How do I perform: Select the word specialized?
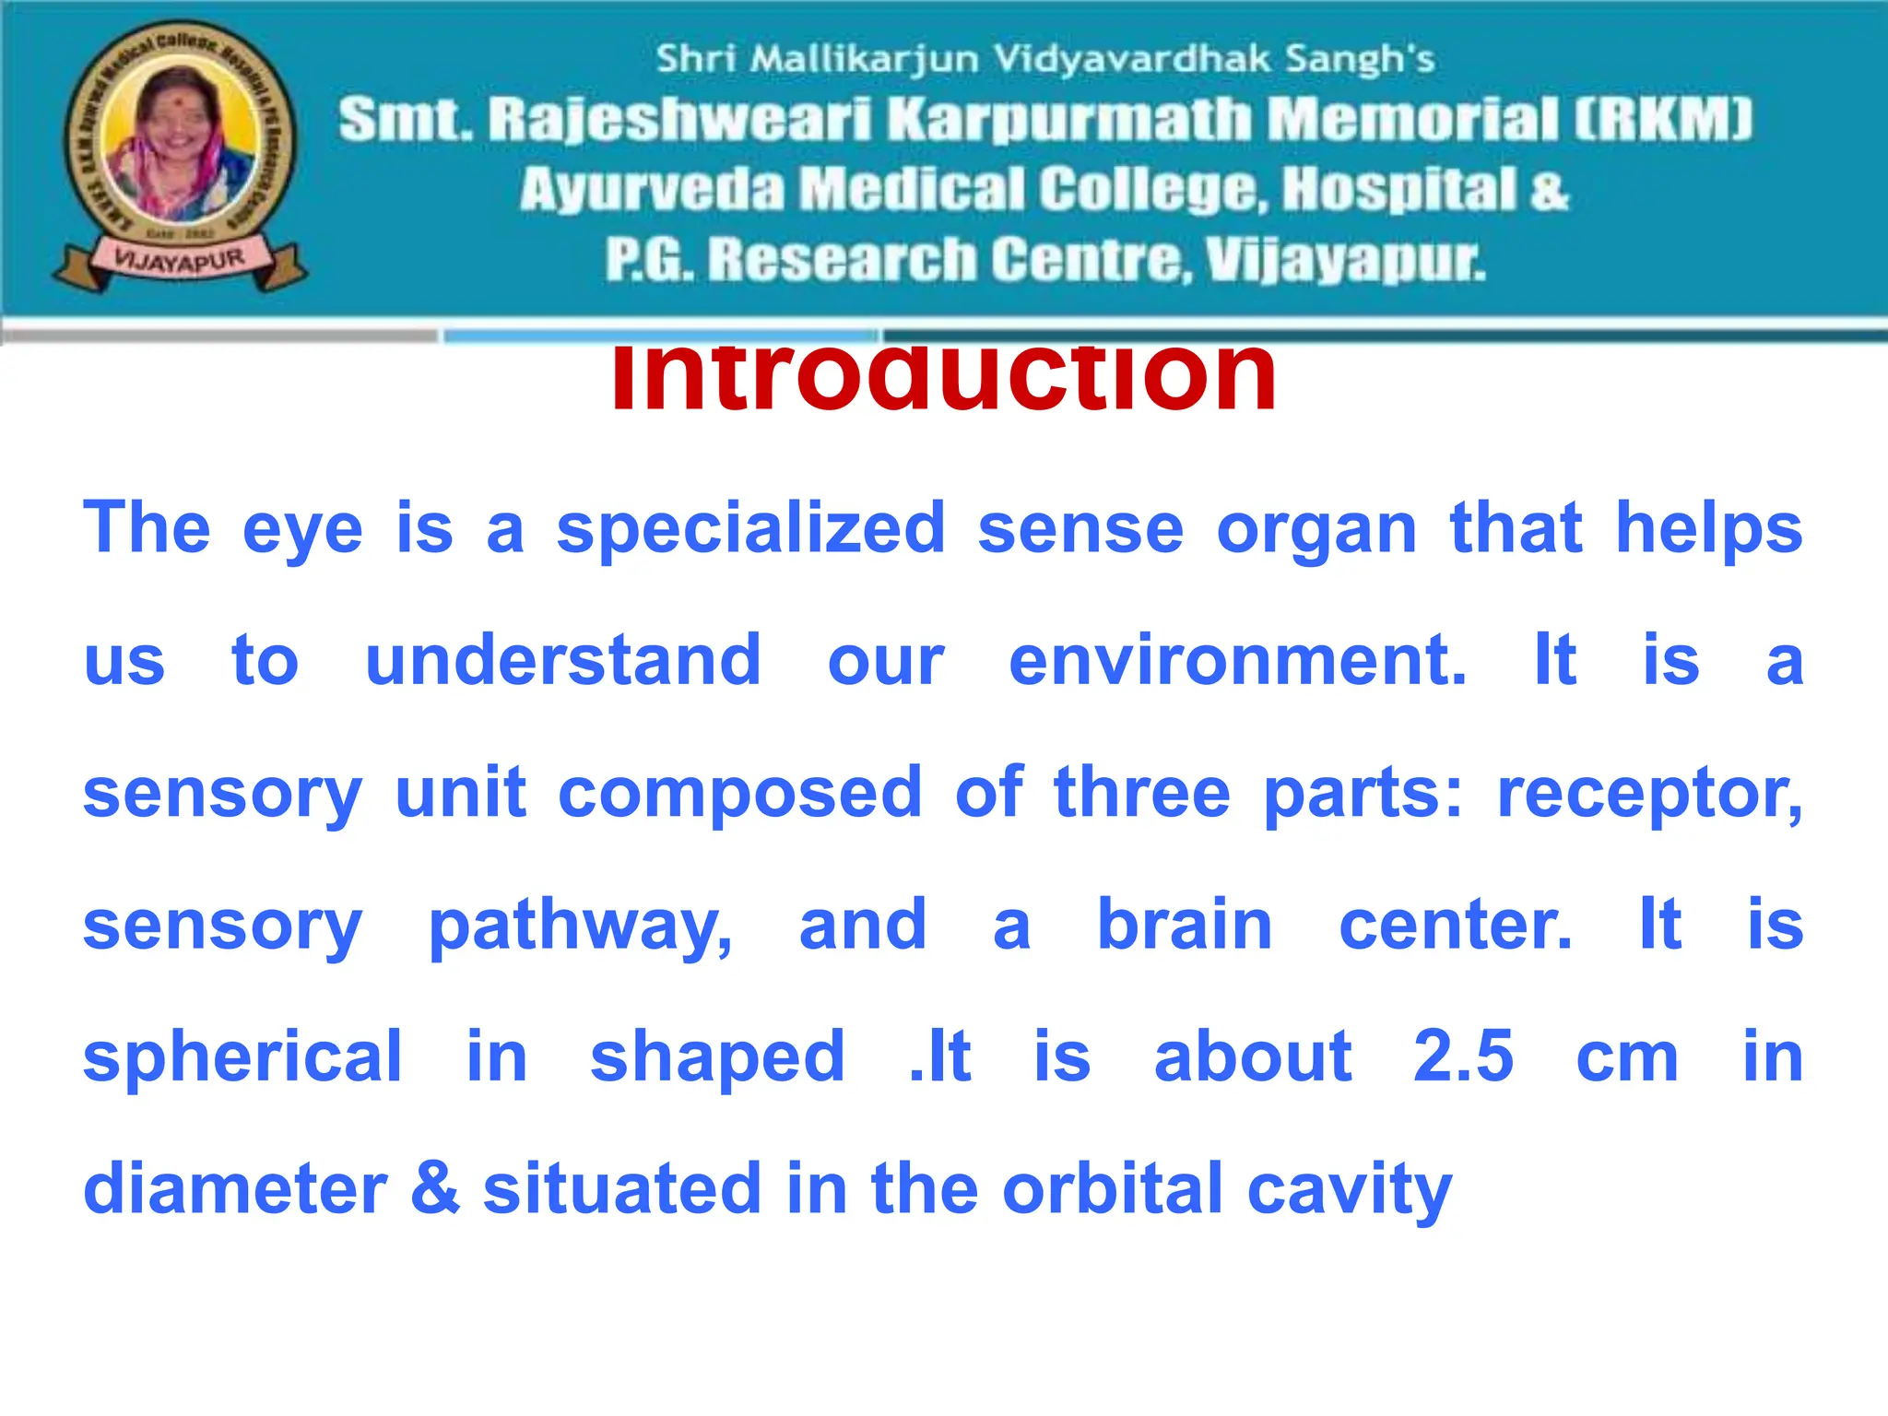click(x=750, y=529)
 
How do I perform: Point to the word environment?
click(x=1237, y=661)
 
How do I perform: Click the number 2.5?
click(x=1463, y=1056)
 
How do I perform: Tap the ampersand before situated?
click(x=435, y=1188)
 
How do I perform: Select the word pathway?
click(x=581, y=926)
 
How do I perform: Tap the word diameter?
click(x=235, y=1188)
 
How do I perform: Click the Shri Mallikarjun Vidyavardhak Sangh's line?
click(x=1044, y=59)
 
